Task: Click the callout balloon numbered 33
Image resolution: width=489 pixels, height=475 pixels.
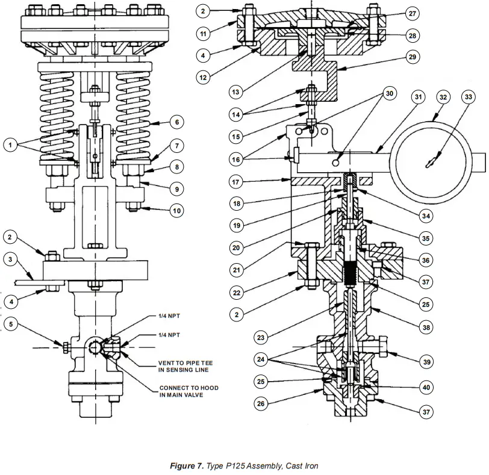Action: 468,96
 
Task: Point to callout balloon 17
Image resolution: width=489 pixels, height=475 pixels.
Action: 237,181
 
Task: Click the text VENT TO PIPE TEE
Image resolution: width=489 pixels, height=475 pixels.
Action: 185,364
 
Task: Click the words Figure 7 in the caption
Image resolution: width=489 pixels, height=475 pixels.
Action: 188,466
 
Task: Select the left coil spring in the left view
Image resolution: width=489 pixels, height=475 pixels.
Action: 57,114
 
